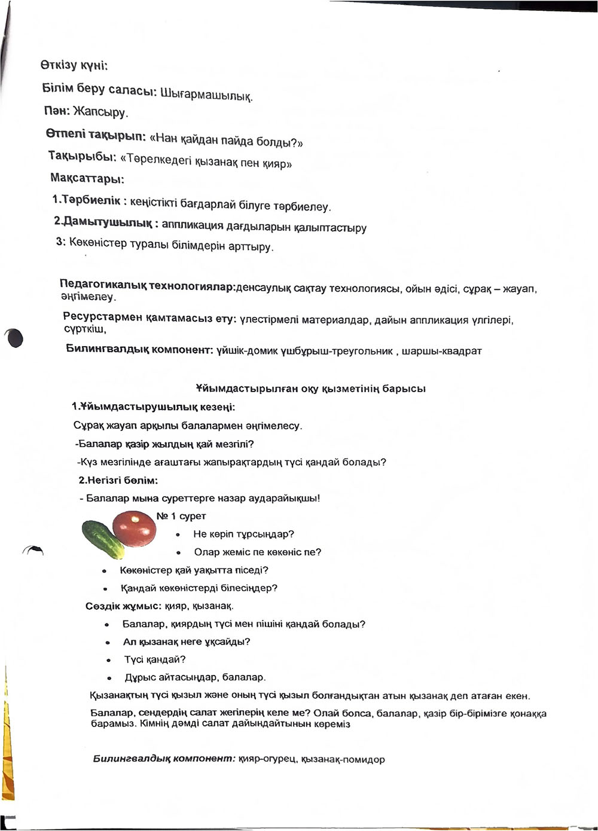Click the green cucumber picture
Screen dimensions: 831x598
[x=102, y=538]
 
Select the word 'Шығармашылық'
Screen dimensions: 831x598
[x=206, y=94]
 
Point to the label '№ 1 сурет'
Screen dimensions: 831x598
[x=181, y=516]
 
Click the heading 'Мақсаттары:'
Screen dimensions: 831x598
[x=87, y=178]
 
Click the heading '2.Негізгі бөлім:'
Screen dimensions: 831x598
[x=118, y=480]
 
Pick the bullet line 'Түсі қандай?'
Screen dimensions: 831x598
[x=155, y=659]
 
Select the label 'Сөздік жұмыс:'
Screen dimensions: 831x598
[x=123, y=606]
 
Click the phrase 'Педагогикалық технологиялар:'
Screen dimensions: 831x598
[x=147, y=286]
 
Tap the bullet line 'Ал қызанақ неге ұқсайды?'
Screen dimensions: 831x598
[x=186, y=641]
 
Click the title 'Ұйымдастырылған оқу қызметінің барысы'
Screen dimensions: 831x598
[x=310, y=389]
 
